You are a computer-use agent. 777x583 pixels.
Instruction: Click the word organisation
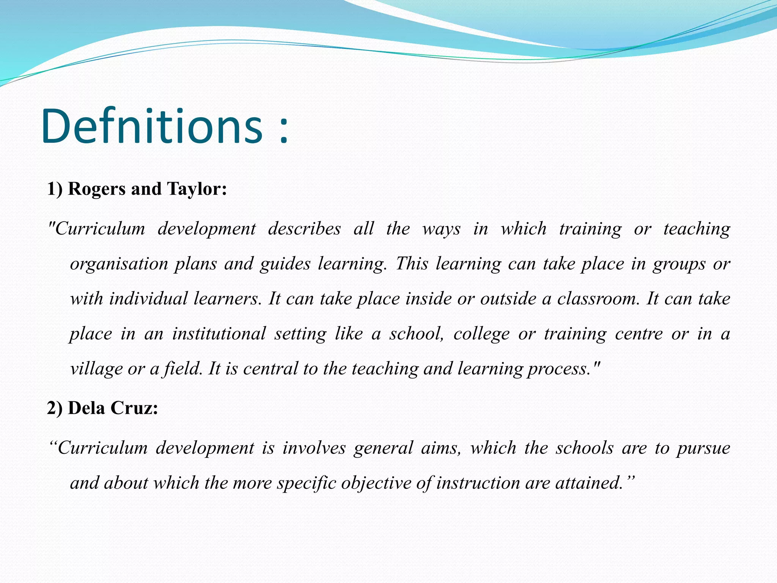119,264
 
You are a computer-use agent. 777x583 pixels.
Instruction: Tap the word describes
304,229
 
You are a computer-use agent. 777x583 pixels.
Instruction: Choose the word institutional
219,334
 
